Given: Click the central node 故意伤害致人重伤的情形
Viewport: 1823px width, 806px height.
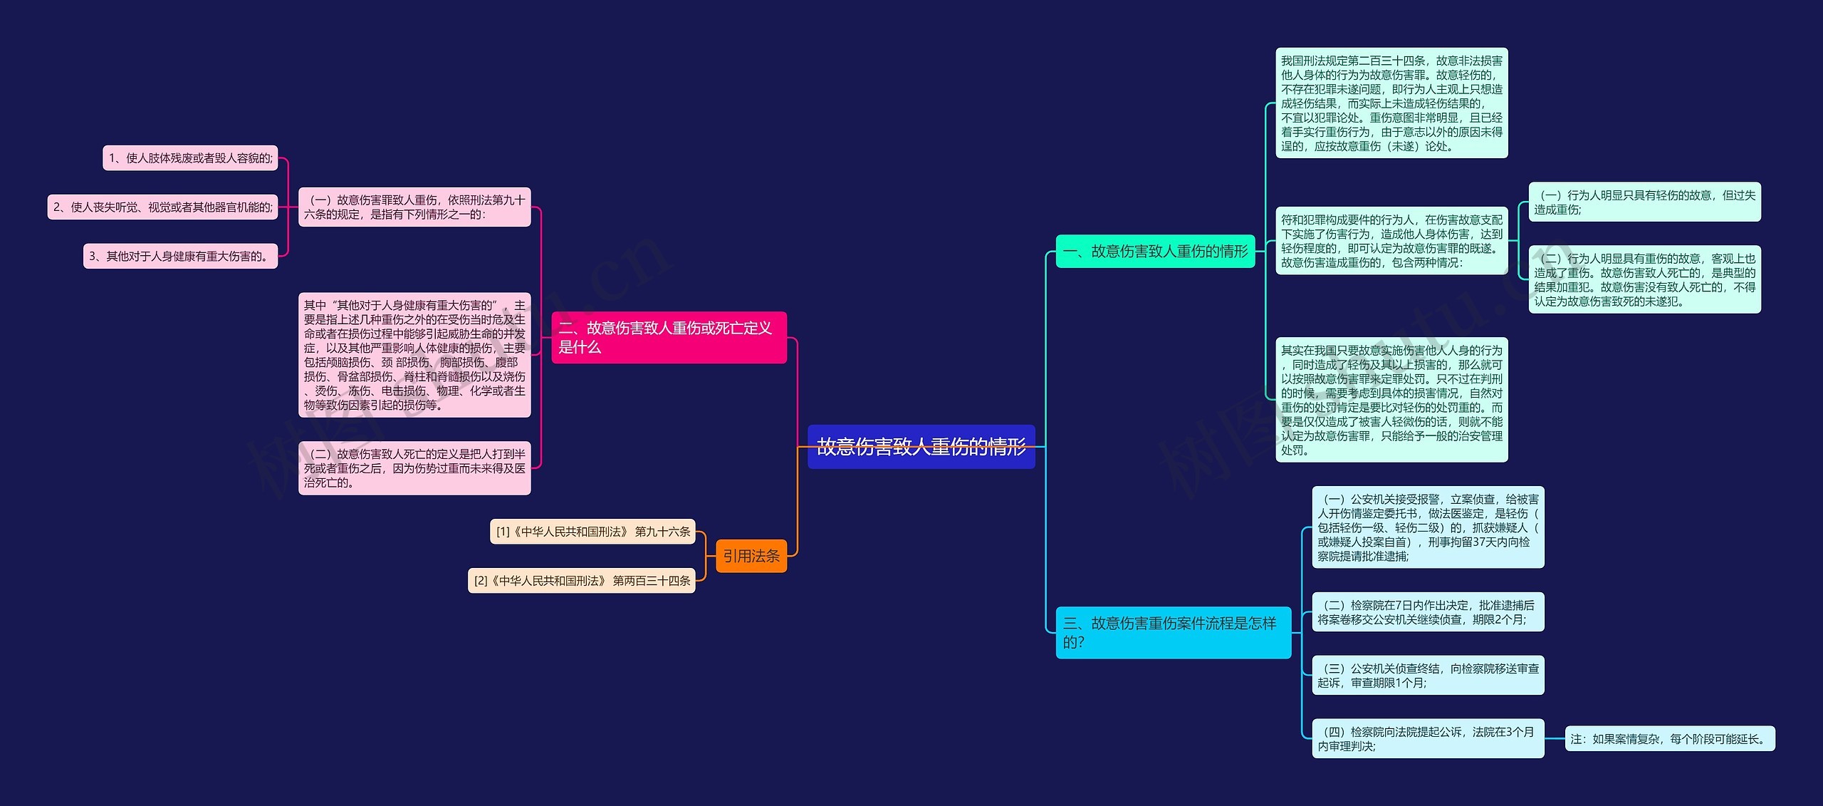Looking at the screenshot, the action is pos(921,447).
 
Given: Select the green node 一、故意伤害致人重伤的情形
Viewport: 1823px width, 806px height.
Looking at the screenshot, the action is pos(1155,251).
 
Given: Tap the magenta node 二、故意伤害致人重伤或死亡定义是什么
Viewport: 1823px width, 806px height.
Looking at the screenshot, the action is pos(669,337).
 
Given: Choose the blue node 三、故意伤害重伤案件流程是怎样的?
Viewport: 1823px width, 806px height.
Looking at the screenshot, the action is pos(1173,632).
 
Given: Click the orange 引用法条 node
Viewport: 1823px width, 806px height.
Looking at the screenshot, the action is pos(751,556).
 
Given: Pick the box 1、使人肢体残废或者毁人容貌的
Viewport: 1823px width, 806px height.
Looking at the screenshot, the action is pos(190,158).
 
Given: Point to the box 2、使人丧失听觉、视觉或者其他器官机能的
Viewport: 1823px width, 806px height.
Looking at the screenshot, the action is pos(162,207).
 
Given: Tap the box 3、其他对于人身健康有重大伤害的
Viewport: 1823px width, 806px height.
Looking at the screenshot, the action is pos(180,257).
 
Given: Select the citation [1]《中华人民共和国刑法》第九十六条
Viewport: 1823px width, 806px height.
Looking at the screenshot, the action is pos(592,532).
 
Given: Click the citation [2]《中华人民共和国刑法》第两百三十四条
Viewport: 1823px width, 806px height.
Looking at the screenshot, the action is pos(581,581).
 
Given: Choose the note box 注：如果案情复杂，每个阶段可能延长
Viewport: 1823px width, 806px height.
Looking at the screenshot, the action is pos(1670,739).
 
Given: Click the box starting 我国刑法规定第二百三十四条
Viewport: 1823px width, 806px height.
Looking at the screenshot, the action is pos(1391,103).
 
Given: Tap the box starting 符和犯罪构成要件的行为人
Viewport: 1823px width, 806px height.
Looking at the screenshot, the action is pos(1391,241).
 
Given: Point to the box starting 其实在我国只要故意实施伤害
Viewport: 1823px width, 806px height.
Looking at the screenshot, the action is pos(1391,400).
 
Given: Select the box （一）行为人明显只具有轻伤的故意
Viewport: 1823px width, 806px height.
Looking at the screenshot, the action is pos(1644,202).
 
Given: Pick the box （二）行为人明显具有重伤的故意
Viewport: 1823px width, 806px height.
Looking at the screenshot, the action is pos(1644,279).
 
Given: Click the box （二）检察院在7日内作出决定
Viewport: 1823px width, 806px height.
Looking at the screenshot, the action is pos(1428,612).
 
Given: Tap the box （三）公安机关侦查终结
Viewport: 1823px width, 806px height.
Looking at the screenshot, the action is pos(1428,676).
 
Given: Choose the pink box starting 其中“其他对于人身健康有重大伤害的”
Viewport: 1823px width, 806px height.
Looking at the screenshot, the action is pos(414,355).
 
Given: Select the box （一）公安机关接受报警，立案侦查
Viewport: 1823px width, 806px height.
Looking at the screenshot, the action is pos(1428,527).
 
